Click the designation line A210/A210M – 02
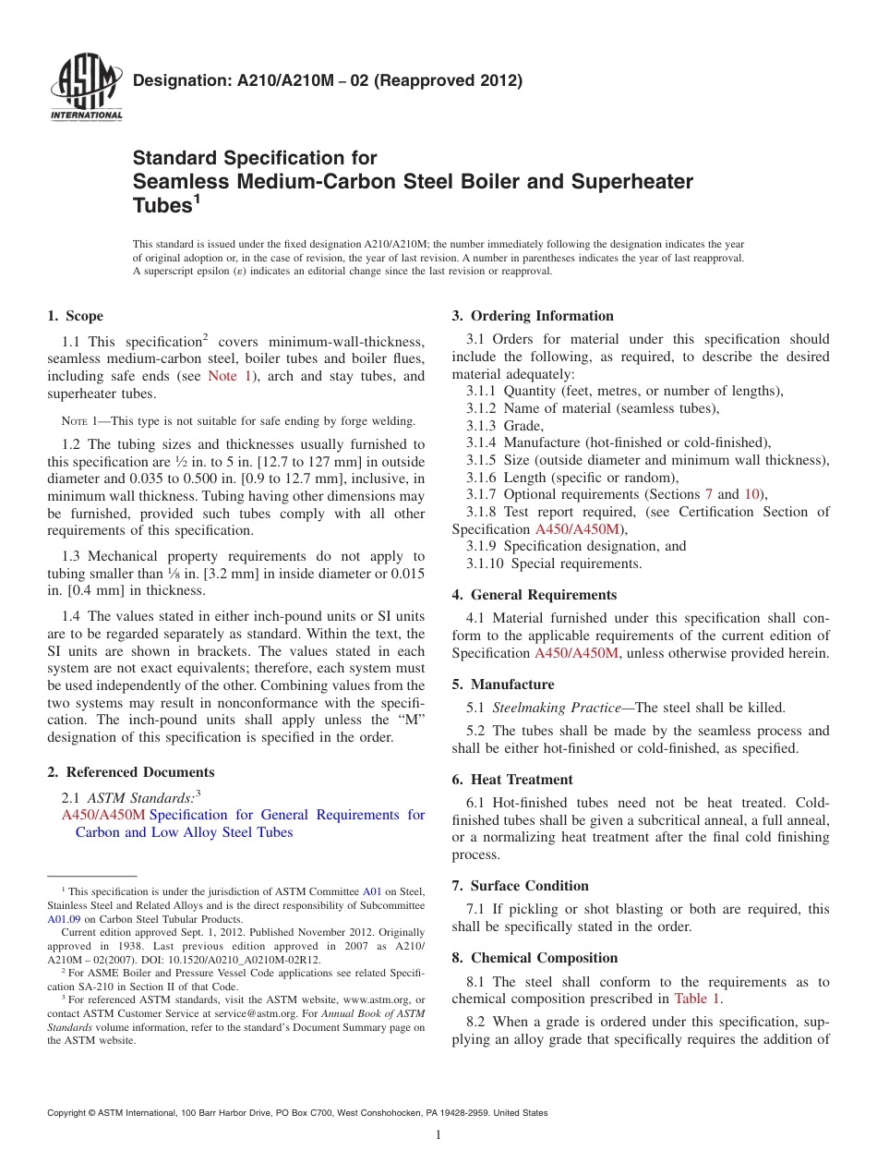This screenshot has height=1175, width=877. click(328, 80)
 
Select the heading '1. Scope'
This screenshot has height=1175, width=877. click(76, 316)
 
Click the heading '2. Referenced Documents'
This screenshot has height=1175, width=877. click(131, 772)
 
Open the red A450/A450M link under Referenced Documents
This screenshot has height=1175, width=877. click(103, 815)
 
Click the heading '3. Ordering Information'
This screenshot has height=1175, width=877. click(533, 316)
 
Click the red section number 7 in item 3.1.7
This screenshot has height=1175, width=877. click(708, 494)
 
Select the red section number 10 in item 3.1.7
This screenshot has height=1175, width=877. click(751, 494)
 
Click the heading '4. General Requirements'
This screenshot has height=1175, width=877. click(535, 595)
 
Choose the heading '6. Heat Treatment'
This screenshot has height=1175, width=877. click(512, 780)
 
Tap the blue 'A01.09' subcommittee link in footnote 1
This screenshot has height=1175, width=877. click(62, 919)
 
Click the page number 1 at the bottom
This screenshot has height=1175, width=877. click(438, 1135)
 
